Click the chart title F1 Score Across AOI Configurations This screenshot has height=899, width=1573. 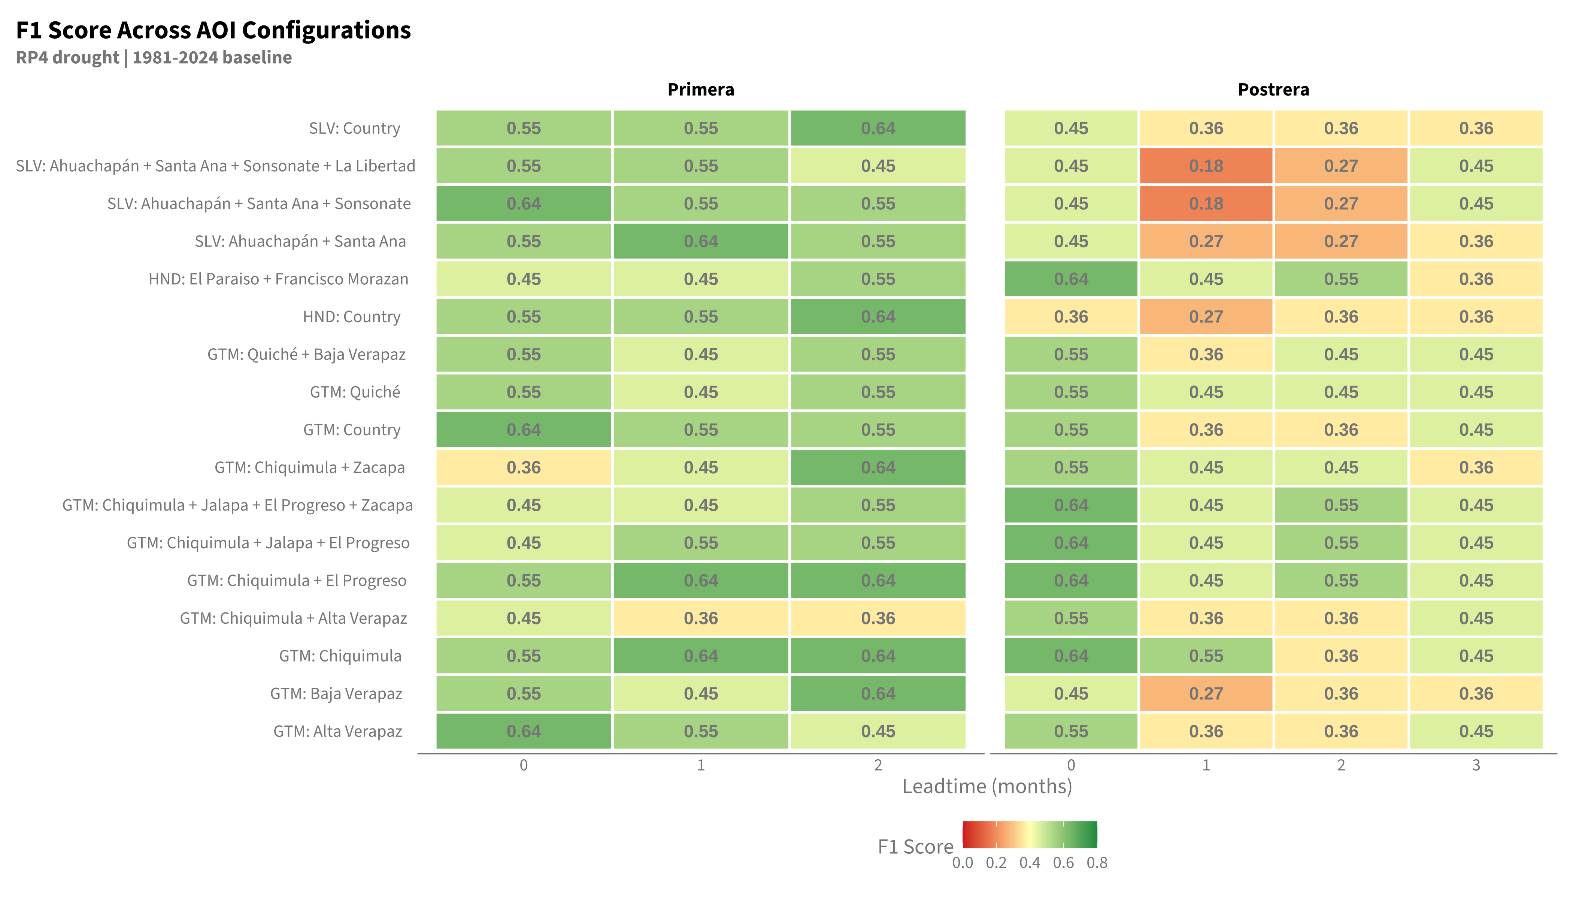(x=213, y=30)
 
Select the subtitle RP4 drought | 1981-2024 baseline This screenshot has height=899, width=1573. (x=154, y=57)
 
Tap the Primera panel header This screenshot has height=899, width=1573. (x=701, y=90)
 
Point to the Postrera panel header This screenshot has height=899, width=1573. (x=1274, y=90)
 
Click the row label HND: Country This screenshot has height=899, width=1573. (x=351, y=317)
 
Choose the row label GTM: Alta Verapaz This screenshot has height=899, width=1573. (x=338, y=731)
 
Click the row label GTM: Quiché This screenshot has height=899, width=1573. (x=355, y=392)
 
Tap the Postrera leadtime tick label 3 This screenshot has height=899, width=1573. (x=1476, y=765)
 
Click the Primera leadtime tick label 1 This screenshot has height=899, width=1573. (x=701, y=765)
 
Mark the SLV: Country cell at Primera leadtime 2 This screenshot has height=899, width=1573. (x=878, y=128)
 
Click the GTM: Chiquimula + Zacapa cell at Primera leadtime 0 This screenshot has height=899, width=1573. (x=524, y=467)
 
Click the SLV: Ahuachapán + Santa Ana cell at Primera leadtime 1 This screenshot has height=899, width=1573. (x=701, y=242)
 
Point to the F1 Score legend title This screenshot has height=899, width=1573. (x=916, y=847)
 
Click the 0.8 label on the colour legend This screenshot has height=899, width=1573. (x=1097, y=863)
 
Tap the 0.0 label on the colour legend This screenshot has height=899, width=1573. (x=963, y=863)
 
